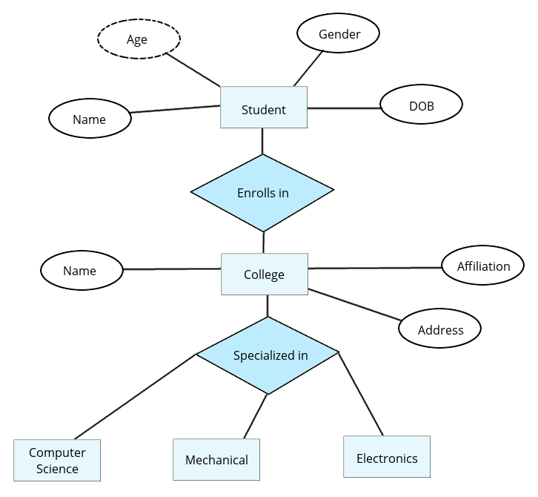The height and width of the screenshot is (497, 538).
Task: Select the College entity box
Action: (x=264, y=274)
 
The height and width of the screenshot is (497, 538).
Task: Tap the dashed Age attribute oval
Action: (x=139, y=39)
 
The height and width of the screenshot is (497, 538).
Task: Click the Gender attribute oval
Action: (x=339, y=33)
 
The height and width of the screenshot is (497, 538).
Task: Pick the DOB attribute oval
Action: (x=421, y=105)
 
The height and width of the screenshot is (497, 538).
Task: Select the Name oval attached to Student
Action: (x=89, y=119)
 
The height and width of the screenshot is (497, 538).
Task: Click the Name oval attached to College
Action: (x=80, y=270)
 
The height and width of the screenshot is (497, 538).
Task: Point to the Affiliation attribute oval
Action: (x=483, y=266)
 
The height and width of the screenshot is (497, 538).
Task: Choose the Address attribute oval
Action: (x=440, y=329)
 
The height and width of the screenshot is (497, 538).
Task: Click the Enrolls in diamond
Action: (x=263, y=192)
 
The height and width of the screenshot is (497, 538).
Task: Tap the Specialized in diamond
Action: (x=268, y=355)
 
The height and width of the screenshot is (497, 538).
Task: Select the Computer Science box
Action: (x=57, y=460)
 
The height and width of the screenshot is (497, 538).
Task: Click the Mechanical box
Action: (x=216, y=459)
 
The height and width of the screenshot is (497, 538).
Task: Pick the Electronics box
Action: (x=387, y=457)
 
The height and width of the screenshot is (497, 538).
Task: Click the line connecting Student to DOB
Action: (x=344, y=108)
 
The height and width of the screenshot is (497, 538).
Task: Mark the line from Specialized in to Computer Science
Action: (x=135, y=397)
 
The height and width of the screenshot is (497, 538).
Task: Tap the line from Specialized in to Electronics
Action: (x=361, y=394)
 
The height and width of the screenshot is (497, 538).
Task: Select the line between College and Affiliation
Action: (x=374, y=268)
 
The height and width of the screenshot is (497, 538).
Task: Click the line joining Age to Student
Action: (x=193, y=69)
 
